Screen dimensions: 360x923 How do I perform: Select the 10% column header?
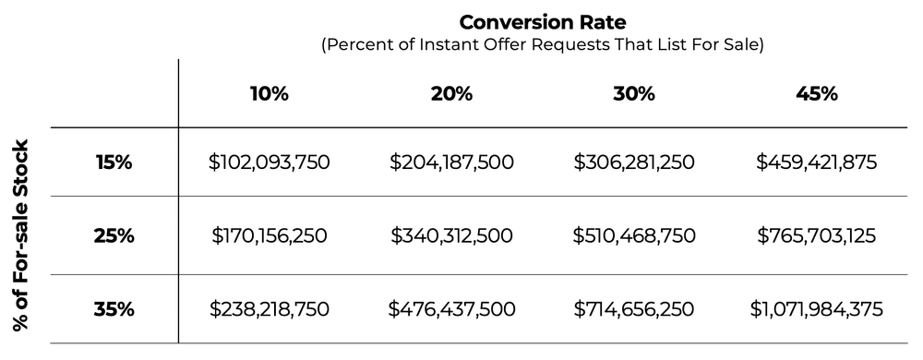pyautogui.click(x=269, y=94)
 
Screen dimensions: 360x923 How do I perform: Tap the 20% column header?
pyautogui.click(x=450, y=94)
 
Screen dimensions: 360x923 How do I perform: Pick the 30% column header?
pyautogui.click(x=633, y=94)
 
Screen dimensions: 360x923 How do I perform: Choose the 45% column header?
pyautogui.click(x=818, y=94)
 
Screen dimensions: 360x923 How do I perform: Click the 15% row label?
pyautogui.click(x=114, y=162)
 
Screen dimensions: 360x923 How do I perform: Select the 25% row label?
pyautogui.click(x=114, y=235)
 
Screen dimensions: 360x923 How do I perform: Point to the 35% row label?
pyautogui.click(x=114, y=309)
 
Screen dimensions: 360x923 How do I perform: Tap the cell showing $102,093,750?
pyautogui.click(x=269, y=162)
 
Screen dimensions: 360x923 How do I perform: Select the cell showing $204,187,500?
pyautogui.click(x=450, y=162)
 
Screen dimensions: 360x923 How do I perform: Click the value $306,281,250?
pyautogui.click(x=633, y=162)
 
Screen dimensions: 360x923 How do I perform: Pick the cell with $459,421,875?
pyautogui.click(x=818, y=162)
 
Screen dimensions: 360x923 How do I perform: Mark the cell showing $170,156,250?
pyautogui.click(x=269, y=235)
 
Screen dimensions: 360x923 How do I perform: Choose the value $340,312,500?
pyautogui.click(x=450, y=235)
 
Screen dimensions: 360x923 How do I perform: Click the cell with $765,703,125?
pyautogui.click(x=818, y=235)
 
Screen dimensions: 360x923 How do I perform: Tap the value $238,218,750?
pyautogui.click(x=269, y=309)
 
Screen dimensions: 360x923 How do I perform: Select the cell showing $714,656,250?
pyautogui.click(x=633, y=309)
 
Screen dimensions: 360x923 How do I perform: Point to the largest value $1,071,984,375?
pyautogui.click(x=818, y=309)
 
